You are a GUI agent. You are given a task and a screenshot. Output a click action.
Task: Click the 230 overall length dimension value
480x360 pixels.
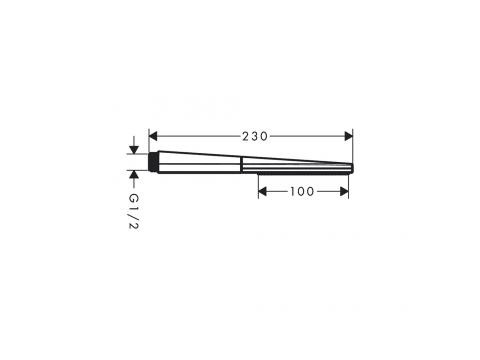pyautogui.click(x=255, y=136)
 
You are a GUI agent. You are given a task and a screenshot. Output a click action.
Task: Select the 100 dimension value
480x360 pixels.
pyautogui.click(x=302, y=192)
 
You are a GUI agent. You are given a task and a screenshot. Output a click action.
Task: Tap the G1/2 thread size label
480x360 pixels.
pyautogui.click(x=134, y=211)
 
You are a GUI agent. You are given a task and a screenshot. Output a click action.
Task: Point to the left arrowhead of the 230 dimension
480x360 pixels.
pyautogui.click(x=153, y=136)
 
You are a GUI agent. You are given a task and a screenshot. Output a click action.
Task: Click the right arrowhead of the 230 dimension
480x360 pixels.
pyautogui.click(x=348, y=136)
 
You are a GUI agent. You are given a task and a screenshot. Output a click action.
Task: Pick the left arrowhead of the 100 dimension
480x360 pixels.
pyautogui.click(x=263, y=191)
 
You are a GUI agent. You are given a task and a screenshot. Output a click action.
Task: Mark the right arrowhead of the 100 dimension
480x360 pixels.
pyautogui.click(x=344, y=191)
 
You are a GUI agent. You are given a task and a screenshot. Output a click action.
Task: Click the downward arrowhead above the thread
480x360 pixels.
pyautogui.click(x=134, y=150)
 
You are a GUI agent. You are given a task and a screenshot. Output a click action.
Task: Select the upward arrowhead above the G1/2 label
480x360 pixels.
pyautogui.click(x=134, y=174)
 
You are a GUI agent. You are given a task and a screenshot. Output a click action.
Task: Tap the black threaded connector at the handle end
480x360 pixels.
pyautogui.click(x=153, y=162)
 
